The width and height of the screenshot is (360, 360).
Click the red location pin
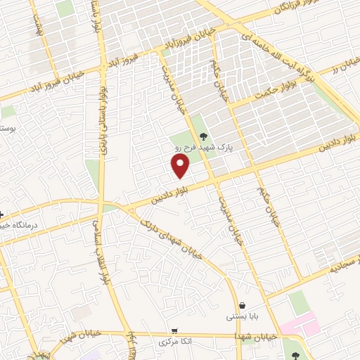(181, 165)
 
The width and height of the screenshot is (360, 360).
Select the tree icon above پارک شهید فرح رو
(204, 137)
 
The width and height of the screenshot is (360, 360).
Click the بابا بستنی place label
(242, 317)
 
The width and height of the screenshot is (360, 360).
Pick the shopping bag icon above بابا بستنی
(243, 306)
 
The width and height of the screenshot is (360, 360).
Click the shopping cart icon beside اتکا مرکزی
(174, 330)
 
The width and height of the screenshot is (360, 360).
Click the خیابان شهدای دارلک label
(172, 236)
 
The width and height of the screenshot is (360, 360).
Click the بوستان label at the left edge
(6, 130)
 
